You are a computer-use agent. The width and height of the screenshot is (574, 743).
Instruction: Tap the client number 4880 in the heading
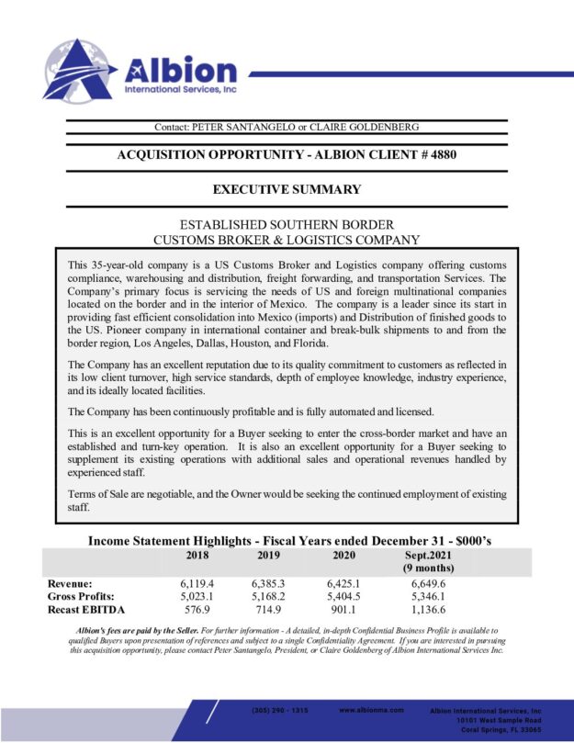(x=440, y=154)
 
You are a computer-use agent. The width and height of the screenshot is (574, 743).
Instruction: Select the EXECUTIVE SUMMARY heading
(x=287, y=190)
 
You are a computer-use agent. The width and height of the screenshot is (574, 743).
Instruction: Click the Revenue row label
(x=70, y=583)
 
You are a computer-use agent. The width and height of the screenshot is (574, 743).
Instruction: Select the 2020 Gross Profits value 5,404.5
(x=343, y=596)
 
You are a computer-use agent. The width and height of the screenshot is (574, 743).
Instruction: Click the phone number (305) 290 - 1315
(x=279, y=711)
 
